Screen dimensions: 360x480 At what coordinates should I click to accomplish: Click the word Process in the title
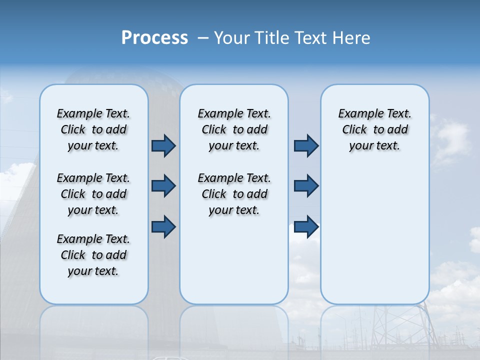coord(154,38)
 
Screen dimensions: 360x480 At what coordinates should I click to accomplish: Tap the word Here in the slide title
coord(351,38)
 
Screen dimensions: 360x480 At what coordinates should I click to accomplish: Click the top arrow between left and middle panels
coord(163,146)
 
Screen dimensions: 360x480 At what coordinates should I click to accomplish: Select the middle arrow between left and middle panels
coord(163,186)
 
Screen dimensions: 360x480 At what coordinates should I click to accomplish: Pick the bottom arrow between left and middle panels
coord(163,226)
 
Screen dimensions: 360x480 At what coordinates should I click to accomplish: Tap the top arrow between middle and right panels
coord(306,146)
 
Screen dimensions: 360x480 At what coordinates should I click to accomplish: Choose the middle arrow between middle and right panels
coord(306,186)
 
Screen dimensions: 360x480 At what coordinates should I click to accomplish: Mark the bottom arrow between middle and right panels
coord(306,226)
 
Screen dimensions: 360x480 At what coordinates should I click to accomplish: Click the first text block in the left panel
coord(93,129)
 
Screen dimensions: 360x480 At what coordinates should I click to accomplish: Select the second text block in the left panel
coord(93,194)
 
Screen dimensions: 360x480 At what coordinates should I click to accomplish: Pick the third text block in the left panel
coord(93,255)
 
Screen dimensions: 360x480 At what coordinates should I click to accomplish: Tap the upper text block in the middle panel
coord(234,129)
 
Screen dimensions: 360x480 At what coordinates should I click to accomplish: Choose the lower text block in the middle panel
coord(234,194)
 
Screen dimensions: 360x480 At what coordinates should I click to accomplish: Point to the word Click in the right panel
coord(354,130)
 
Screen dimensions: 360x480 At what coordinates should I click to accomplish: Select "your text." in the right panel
coord(374,146)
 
